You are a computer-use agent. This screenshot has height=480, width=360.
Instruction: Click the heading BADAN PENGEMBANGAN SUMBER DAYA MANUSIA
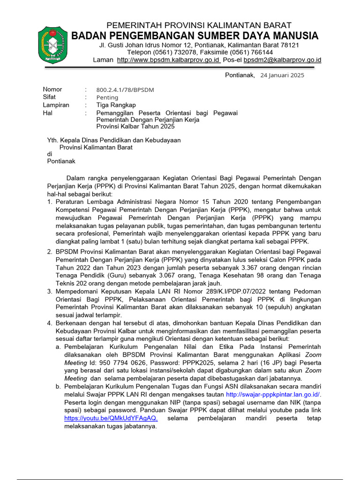click(195, 36)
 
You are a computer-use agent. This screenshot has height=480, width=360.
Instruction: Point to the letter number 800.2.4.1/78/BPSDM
click(125, 90)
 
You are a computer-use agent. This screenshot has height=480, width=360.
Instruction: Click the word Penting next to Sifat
click(107, 97)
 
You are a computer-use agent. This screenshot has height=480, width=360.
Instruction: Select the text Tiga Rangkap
click(116, 105)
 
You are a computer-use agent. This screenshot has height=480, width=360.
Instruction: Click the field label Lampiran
click(56, 105)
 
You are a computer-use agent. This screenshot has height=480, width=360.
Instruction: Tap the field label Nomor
click(52, 90)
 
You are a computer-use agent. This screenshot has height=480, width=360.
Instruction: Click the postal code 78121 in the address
click(289, 45)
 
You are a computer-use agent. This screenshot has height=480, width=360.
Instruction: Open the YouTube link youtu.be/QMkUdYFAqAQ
click(111, 418)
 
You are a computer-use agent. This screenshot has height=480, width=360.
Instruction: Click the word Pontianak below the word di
click(61, 161)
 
